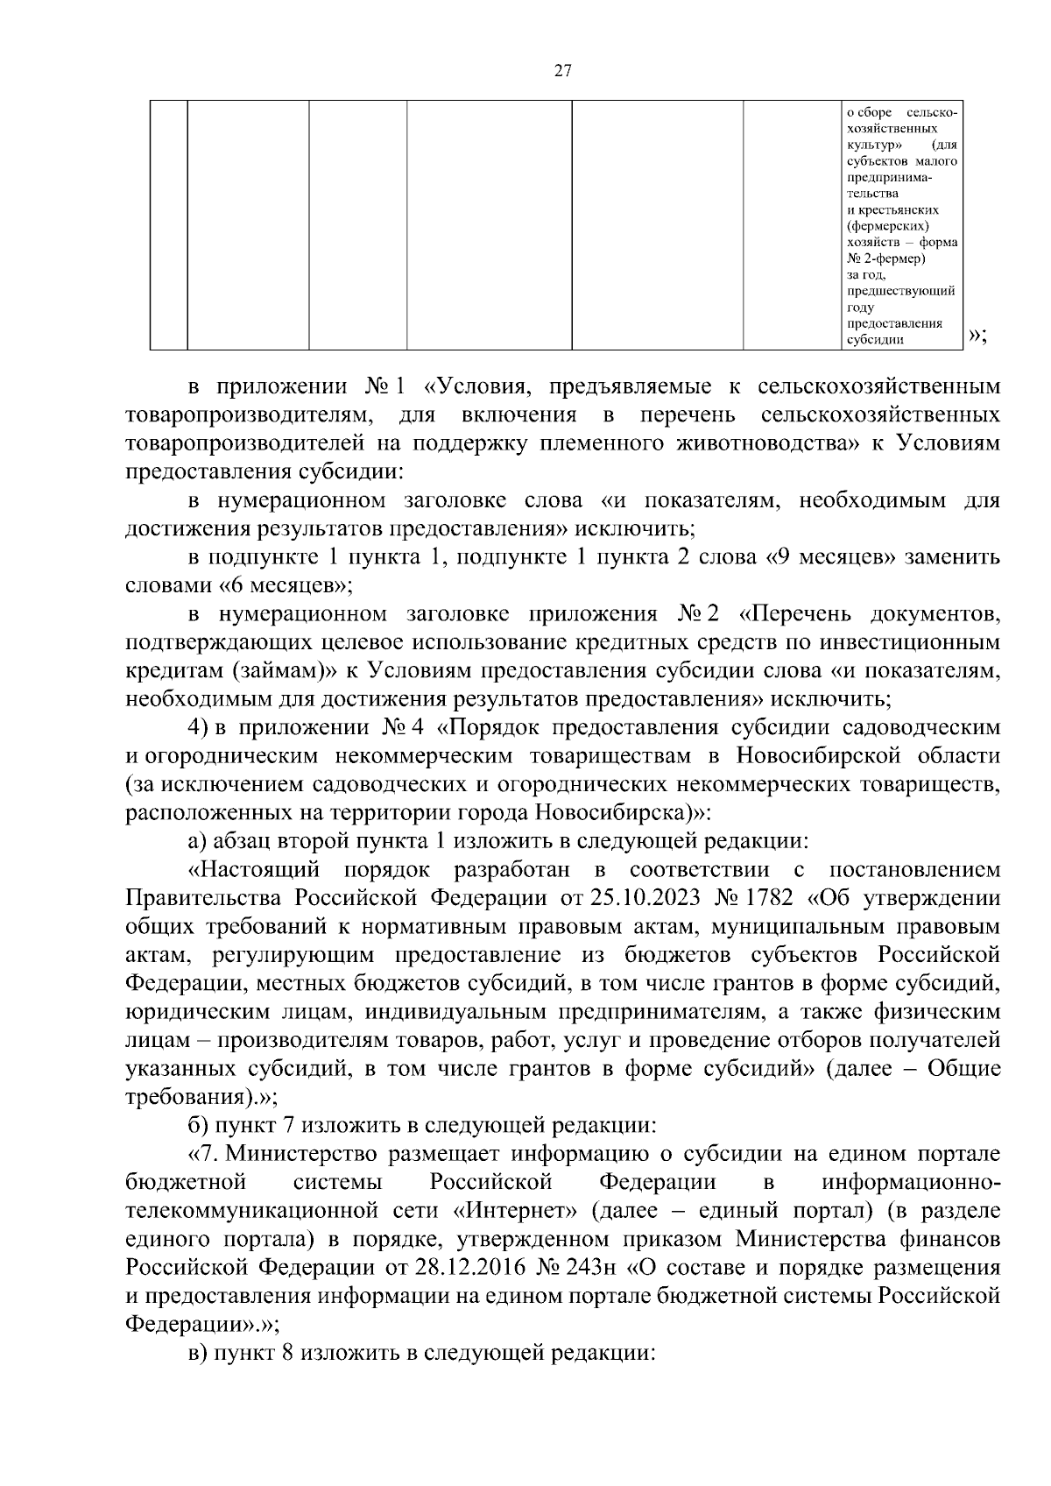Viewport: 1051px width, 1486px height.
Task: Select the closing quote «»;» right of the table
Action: pos(978,336)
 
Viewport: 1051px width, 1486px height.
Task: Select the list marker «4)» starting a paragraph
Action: pos(197,728)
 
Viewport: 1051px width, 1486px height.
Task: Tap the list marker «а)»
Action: pos(198,841)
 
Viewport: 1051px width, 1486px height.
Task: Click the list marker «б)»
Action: pos(198,1125)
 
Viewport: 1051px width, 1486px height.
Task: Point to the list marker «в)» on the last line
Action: pos(198,1352)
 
